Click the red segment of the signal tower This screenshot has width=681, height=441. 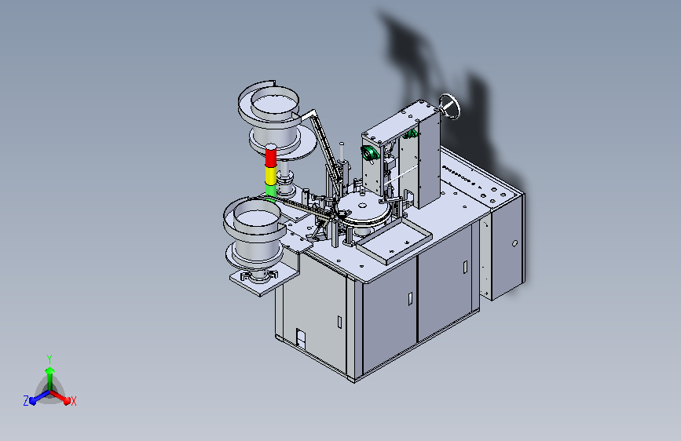pyautogui.click(x=270, y=157)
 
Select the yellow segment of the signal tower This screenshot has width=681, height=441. pyautogui.click(x=270, y=176)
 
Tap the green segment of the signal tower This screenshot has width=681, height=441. pyautogui.click(x=270, y=191)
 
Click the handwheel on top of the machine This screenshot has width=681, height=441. pyautogui.click(x=449, y=107)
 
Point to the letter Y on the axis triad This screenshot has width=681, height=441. pyautogui.click(x=49, y=359)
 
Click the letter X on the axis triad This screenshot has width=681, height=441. pyautogui.click(x=74, y=401)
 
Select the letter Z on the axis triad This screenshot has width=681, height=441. pyautogui.click(x=26, y=401)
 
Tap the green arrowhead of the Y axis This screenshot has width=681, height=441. pyautogui.click(x=50, y=371)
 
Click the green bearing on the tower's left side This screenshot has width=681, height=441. pyautogui.click(x=368, y=153)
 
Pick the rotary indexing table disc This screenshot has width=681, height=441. pyautogui.click(x=363, y=209)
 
